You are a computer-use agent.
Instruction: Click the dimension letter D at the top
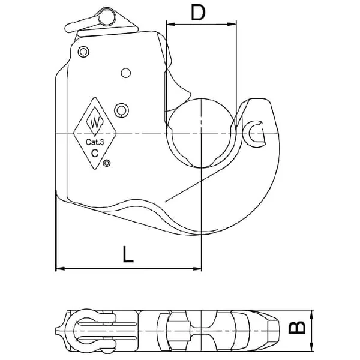198,13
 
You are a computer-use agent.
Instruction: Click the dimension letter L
128,254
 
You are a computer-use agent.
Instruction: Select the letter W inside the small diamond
95,122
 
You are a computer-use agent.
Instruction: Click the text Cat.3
95,142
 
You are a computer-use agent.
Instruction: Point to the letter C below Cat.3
95,152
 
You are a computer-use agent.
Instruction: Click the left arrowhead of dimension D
171,24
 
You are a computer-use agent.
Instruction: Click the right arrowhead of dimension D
232,24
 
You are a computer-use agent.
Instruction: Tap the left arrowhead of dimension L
61,268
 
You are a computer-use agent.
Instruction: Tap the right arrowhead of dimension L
197,268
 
